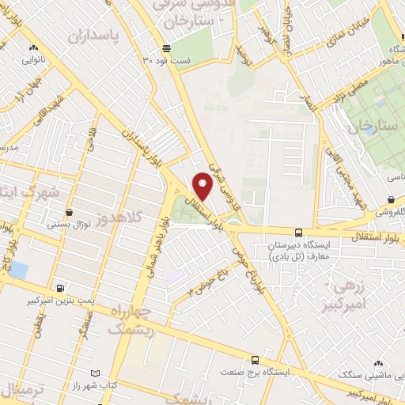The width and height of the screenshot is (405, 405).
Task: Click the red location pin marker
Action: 203,186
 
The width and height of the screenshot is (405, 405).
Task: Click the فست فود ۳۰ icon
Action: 165,47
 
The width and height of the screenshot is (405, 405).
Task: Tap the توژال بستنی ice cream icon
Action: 70,212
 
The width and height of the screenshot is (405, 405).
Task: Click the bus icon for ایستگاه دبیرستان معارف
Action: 298,233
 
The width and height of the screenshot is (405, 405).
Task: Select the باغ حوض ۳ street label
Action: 202,281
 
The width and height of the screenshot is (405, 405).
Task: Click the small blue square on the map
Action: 18,271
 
